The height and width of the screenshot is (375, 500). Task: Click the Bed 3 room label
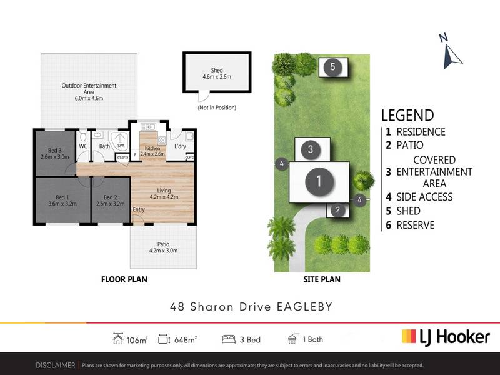pyautogui.click(x=55, y=153)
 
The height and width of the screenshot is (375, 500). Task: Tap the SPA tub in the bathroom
pyautogui.click(x=120, y=142)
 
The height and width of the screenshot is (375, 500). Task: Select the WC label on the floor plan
pyautogui.click(x=83, y=146)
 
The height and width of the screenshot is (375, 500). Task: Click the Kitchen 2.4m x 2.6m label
pyautogui.click(x=152, y=151)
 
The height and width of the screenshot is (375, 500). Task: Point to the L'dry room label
pyautogui.click(x=180, y=146)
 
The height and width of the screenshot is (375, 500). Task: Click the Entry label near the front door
pyautogui.click(x=139, y=209)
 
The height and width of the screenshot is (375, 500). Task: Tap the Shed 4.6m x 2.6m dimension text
pyautogui.click(x=217, y=73)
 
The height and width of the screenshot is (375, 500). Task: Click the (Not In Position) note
pyautogui.click(x=217, y=107)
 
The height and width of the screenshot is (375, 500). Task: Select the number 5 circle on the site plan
pyautogui.click(x=332, y=67)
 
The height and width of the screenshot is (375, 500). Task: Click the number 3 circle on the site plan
pyautogui.click(x=311, y=149)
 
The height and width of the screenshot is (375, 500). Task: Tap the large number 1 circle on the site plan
pyautogui.click(x=319, y=181)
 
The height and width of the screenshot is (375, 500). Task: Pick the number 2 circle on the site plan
pyautogui.click(x=337, y=210)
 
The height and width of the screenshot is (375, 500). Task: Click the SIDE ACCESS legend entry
pyautogui.click(x=419, y=197)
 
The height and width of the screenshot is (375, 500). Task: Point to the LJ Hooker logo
pyautogui.click(x=446, y=337)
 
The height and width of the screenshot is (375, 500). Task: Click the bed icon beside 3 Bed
pyautogui.click(x=228, y=339)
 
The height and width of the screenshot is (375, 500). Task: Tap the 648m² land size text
pyautogui.click(x=186, y=340)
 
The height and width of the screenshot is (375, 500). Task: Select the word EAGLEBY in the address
pyautogui.click(x=305, y=307)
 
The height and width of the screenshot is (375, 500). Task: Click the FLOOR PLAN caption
pyautogui.click(x=124, y=279)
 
